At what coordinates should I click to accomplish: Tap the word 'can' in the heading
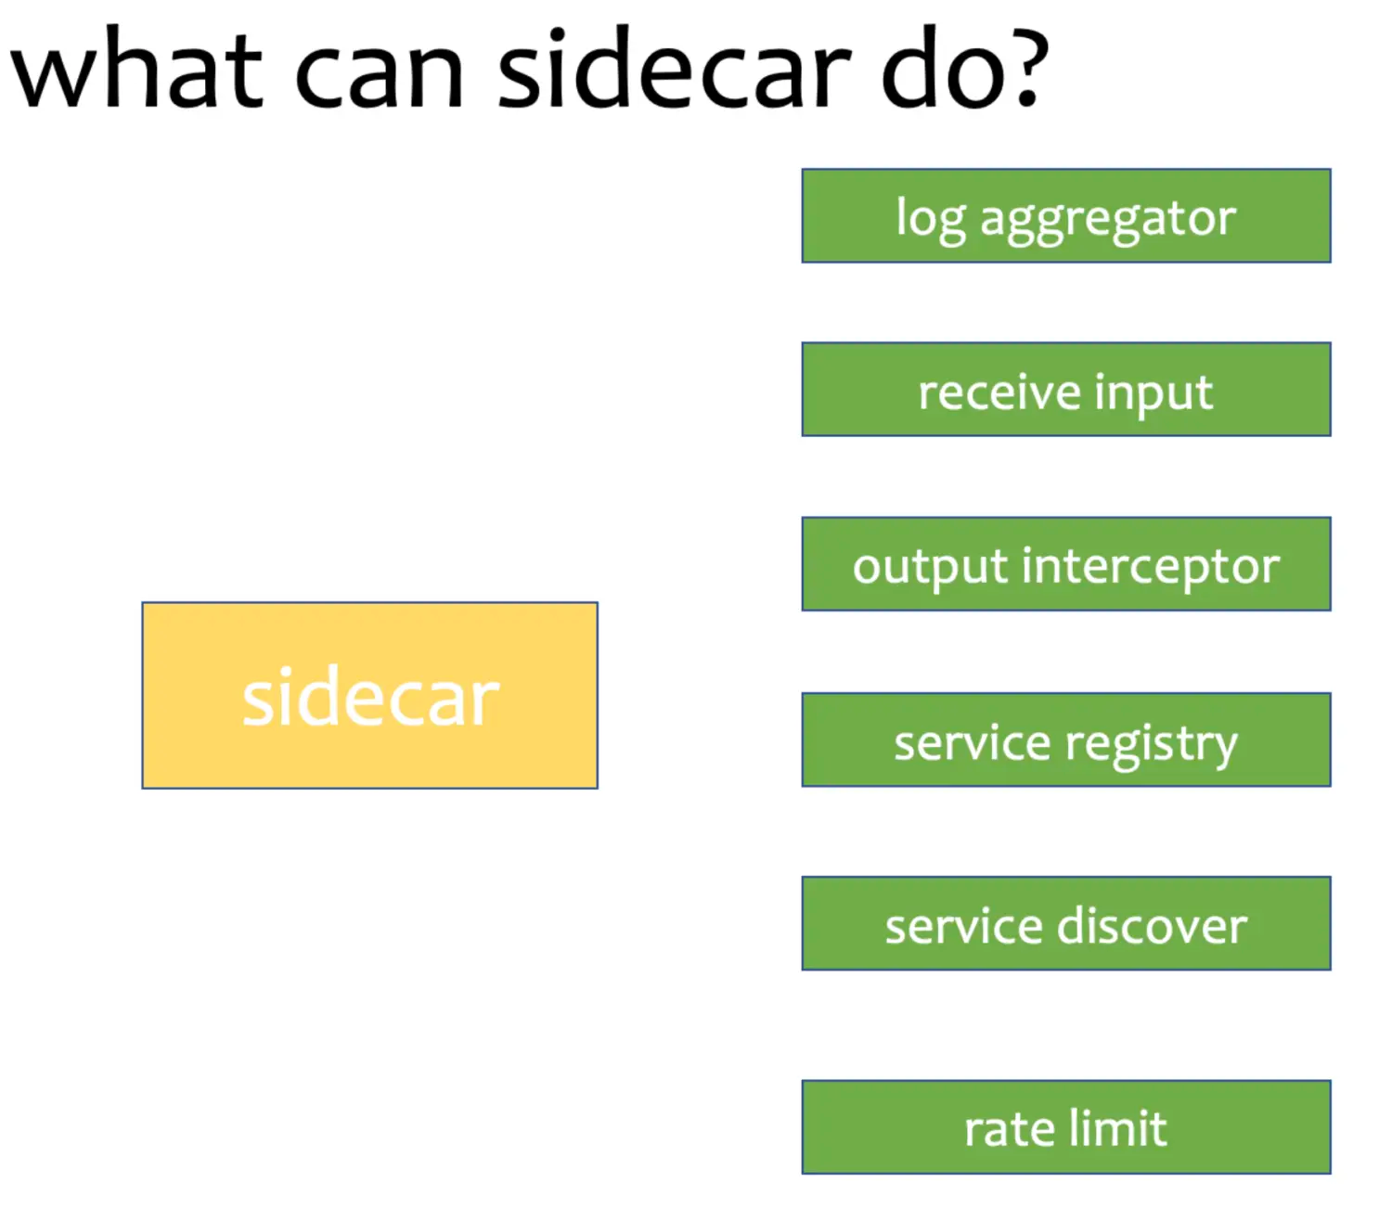379,74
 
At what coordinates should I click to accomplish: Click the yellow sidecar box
369,696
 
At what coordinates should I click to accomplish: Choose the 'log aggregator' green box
1065,215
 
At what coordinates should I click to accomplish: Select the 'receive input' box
1065,390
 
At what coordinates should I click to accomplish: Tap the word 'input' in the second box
1154,393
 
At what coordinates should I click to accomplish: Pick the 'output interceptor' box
1065,564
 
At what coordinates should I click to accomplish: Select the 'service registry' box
1065,739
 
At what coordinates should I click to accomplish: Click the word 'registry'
1152,745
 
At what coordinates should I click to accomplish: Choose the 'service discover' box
1065,923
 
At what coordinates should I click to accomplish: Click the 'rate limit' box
1065,1127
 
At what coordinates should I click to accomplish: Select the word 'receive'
999,392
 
